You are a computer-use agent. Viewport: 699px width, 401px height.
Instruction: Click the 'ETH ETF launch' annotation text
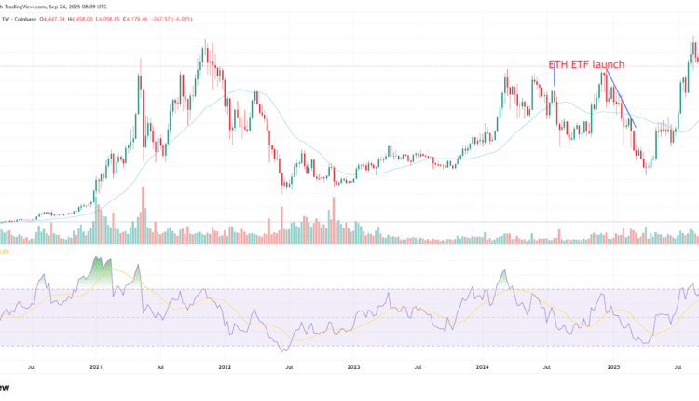[585, 64]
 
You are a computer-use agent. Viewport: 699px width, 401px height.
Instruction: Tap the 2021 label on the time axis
[96, 367]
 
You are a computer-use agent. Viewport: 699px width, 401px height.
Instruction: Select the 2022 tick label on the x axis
[225, 367]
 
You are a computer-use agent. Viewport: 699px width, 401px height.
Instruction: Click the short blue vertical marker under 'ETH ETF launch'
[555, 78]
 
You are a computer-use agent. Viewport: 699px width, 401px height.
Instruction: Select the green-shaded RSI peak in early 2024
[504, 278]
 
